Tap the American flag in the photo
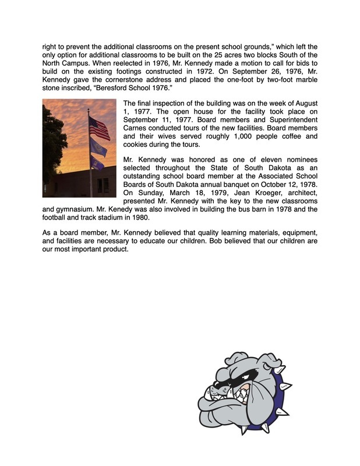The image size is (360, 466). click(x=99, y=128)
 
